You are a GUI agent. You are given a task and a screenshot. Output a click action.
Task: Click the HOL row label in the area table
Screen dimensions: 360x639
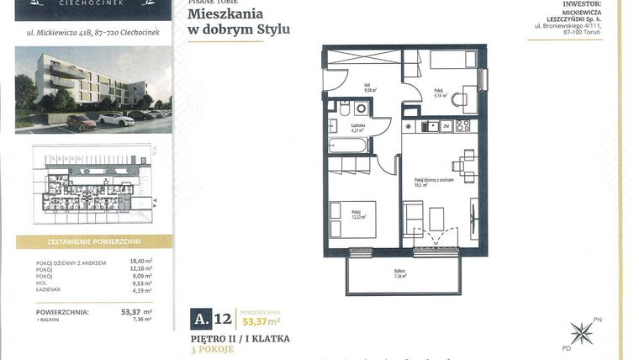point(43,283)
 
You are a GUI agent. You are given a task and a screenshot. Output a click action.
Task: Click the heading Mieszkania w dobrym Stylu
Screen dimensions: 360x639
point(239,22)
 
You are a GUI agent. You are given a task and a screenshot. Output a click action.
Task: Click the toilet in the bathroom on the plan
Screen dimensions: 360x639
point(345,109)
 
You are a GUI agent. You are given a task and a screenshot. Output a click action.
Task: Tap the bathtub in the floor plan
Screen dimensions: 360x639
point(348,146)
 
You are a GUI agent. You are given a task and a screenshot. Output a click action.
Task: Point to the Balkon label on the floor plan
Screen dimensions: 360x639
point(400,273)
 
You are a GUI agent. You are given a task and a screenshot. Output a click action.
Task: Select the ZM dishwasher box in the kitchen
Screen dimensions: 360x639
point(446,126)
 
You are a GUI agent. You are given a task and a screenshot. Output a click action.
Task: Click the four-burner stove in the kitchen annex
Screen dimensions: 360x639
point(462,126)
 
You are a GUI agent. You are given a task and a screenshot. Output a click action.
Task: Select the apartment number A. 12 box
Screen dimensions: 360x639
point(211,319)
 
